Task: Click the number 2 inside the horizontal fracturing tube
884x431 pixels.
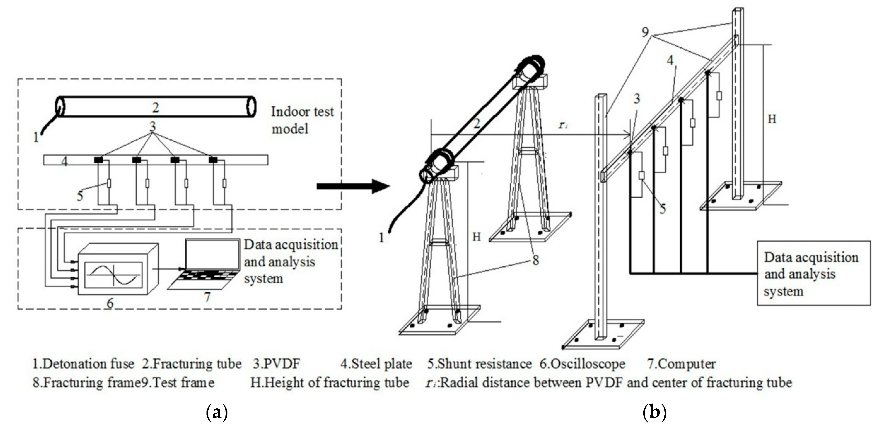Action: coord(155,108)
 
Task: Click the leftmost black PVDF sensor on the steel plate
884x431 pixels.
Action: coord(99,160)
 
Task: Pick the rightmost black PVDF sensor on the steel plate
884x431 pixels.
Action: coord(213,160)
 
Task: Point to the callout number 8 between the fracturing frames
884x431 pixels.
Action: coord(536,261)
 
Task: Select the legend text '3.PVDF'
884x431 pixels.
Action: coord(277,364)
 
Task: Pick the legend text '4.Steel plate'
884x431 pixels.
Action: coord(376,364)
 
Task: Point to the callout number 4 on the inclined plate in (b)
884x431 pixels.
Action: coord(670,60)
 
